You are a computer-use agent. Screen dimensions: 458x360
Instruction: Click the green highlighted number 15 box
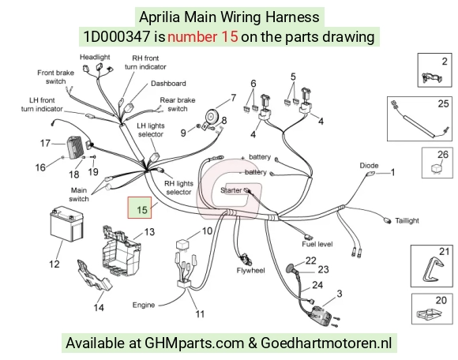[x=140, y=208]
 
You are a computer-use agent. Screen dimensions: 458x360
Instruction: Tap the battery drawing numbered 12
[x=67, y=224]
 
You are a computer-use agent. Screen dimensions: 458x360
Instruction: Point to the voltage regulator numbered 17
[x=76, y=148]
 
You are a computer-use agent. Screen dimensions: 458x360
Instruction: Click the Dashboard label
[x=168, y=84]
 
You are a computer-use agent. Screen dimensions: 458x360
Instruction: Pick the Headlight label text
[x=95, y=57]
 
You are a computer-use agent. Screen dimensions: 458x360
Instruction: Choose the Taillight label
[x=407, y=221]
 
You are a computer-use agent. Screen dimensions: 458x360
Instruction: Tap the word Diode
[x=369, y=166]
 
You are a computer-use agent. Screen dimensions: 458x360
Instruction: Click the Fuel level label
[x=317, y=244]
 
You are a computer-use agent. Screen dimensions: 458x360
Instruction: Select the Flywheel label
[x=250, y=271]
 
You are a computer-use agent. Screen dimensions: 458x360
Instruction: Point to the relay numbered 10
[x=182, y=245]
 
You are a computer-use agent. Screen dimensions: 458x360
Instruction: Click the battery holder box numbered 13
[x=121, y=250]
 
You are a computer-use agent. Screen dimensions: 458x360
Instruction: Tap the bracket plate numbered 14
[x=94, y=277]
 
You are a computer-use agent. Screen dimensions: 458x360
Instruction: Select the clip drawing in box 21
[x=432, y=269]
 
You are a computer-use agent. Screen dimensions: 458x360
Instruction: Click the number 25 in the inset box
[x=443, y=103]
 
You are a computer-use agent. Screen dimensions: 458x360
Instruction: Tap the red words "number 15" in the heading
[x=203, y=37]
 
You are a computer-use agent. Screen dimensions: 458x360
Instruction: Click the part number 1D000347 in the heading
[x=117, y=37]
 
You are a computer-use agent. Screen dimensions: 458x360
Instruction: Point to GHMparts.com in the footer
[x=194, y=343]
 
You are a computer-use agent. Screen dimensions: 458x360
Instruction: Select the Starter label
[x=231, y=190]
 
